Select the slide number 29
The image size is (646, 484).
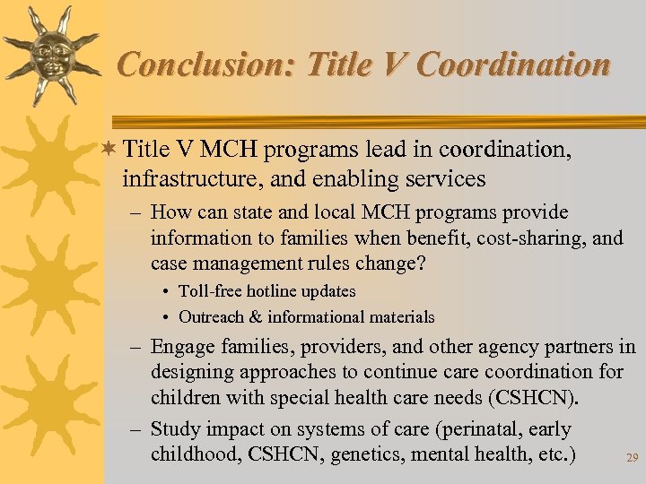[x=632, y=458]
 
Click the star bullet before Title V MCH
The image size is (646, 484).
[x=110, y=149]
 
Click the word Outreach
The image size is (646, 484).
[x=214, y=317]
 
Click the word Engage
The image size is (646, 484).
[x=181, y=347]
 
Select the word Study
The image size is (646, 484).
[x=176, y=430]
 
